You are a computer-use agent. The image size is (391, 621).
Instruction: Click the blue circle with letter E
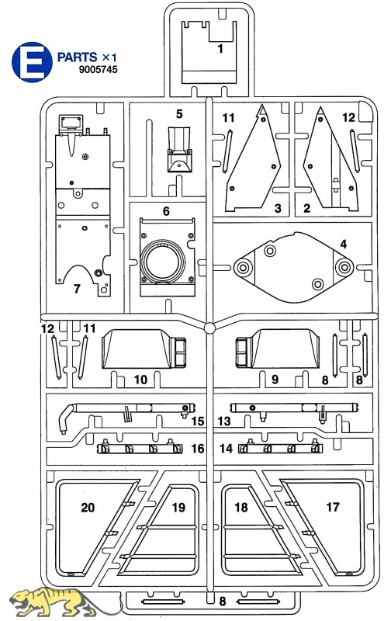32,62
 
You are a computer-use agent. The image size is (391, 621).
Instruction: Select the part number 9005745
99,69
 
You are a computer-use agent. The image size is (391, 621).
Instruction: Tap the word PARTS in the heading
77,57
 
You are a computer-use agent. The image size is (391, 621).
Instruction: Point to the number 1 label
220,49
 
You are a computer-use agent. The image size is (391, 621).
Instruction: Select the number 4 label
343,244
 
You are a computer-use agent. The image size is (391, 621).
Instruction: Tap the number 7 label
77,289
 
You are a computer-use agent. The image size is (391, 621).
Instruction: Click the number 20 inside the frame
88,508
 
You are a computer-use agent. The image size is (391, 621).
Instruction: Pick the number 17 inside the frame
333,507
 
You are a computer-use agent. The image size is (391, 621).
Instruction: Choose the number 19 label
178,508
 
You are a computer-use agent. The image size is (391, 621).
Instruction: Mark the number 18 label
241,508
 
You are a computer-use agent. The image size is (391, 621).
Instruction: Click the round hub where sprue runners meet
209,328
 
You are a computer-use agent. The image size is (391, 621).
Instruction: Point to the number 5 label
179,114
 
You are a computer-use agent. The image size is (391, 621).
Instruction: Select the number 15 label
198,421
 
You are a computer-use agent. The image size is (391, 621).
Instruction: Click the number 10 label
140,380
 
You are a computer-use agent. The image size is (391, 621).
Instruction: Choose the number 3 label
278,208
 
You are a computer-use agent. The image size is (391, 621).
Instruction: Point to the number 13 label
224,421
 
